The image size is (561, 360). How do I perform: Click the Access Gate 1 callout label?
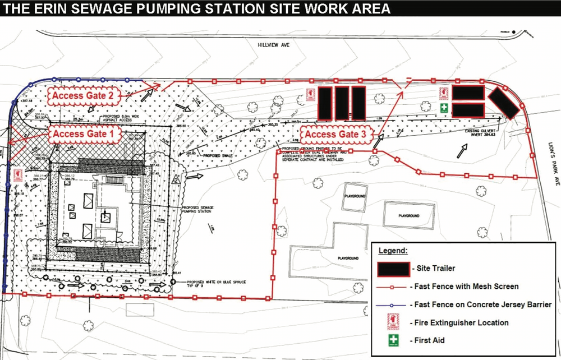tap(86, 134)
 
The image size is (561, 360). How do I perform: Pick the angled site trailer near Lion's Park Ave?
tap(502, 103)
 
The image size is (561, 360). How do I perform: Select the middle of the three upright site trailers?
tap(342, 103)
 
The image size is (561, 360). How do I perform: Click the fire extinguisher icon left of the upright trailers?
tap(309, 96)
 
